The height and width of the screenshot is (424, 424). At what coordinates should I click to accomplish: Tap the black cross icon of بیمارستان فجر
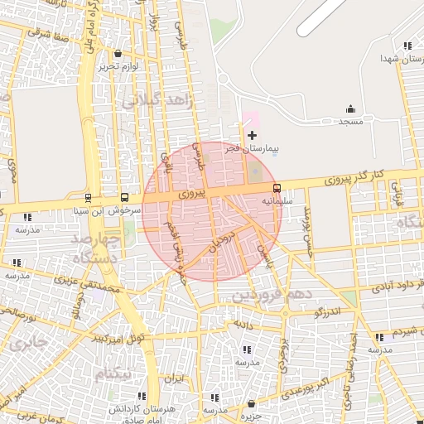(x=253, y=135)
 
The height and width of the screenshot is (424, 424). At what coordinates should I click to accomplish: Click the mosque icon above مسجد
(x=350, y=108)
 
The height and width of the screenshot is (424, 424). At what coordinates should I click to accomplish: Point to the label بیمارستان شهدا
(x=395, y=59)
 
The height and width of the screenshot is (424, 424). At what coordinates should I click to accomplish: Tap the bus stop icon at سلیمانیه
(x=277, y=188)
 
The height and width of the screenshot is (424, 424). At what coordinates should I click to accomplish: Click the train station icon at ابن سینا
(x=88, y=198)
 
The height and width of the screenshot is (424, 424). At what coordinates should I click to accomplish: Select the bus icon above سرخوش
(x=124, y=198)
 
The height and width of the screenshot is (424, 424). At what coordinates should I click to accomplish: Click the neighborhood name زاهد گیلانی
(x=157, y=101)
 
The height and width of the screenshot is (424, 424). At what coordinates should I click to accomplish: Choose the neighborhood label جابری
(x=30, y=344)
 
